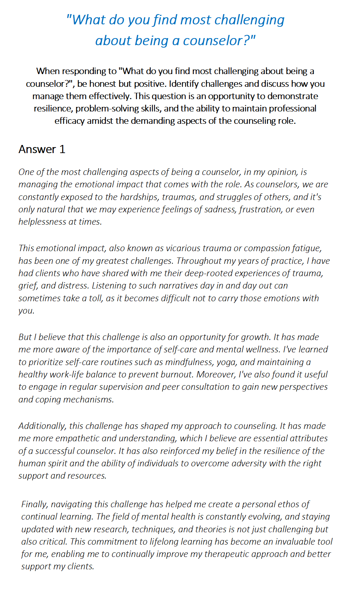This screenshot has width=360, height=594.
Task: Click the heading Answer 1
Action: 42,149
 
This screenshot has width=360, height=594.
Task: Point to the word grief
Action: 28,285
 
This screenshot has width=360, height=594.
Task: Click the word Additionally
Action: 42,426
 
